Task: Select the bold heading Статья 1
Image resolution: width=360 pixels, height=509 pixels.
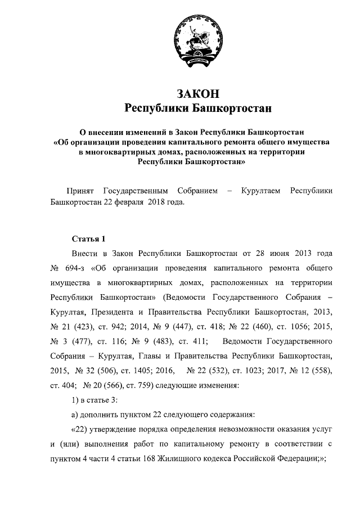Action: click(88, 240)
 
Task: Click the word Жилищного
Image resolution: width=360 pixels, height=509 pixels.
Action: click(193, 459)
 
